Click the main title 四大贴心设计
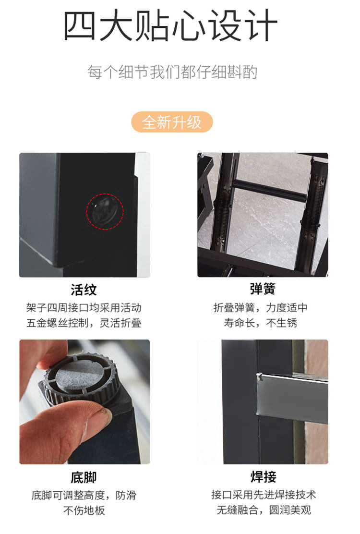[x=170, y=25]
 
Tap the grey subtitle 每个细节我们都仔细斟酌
[x=172, y=72]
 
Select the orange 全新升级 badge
[x=172, y=122]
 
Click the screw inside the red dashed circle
[x=105, y=211]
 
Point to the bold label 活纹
[x=84, y=290]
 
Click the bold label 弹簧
[x=263, y=289]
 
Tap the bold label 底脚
[x=84, y=477]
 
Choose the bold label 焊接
[x=264, y=476]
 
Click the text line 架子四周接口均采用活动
[x=84, y=308]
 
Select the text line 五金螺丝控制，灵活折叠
[x=84, y=323]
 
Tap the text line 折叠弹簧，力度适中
[x=260, y=308]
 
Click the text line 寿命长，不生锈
[x=260, y=323]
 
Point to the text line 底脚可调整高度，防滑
[x=84, y=495]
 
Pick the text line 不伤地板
[x=84, y=510]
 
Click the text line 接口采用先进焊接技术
[x=264, y=495]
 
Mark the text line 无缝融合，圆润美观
[x=264, y=510]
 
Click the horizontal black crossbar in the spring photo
[x=269, y=191]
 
